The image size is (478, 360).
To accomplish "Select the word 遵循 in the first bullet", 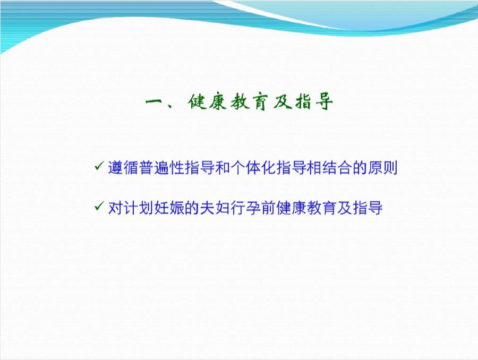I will coord(122,168).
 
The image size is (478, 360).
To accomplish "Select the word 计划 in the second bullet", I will coord(135,208).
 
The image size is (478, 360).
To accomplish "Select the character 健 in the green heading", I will coord(196,102).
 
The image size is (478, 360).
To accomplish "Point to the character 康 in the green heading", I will coord(218,102).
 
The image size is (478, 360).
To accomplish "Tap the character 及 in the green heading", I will coord(284,102).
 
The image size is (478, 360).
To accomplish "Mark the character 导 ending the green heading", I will coord(327,102).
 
